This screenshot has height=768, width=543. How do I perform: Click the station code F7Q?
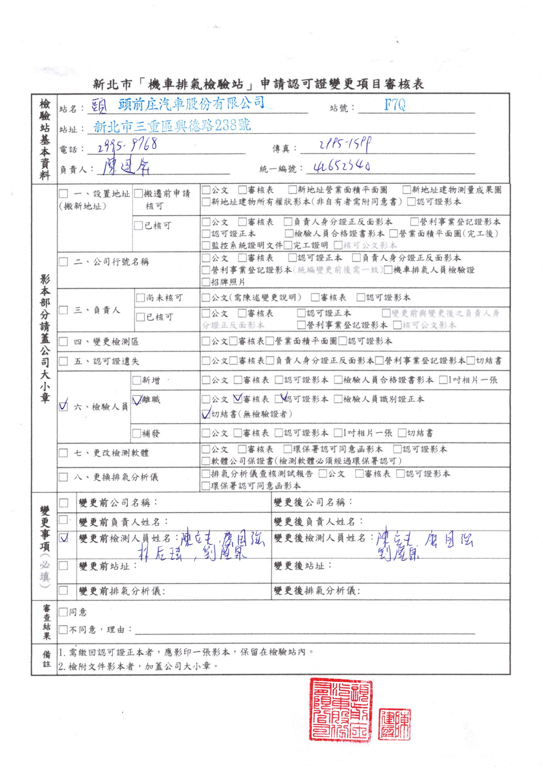395,105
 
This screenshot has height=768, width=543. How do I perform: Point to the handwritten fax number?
345,145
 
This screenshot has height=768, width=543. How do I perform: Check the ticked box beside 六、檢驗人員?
63,406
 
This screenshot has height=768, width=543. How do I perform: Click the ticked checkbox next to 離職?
137,400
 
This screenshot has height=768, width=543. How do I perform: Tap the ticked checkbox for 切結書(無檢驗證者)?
206,415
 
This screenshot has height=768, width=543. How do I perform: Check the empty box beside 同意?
63,612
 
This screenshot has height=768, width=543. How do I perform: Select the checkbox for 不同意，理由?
63,630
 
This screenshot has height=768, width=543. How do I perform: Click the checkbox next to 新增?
137,380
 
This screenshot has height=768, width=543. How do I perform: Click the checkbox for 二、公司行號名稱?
63,261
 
